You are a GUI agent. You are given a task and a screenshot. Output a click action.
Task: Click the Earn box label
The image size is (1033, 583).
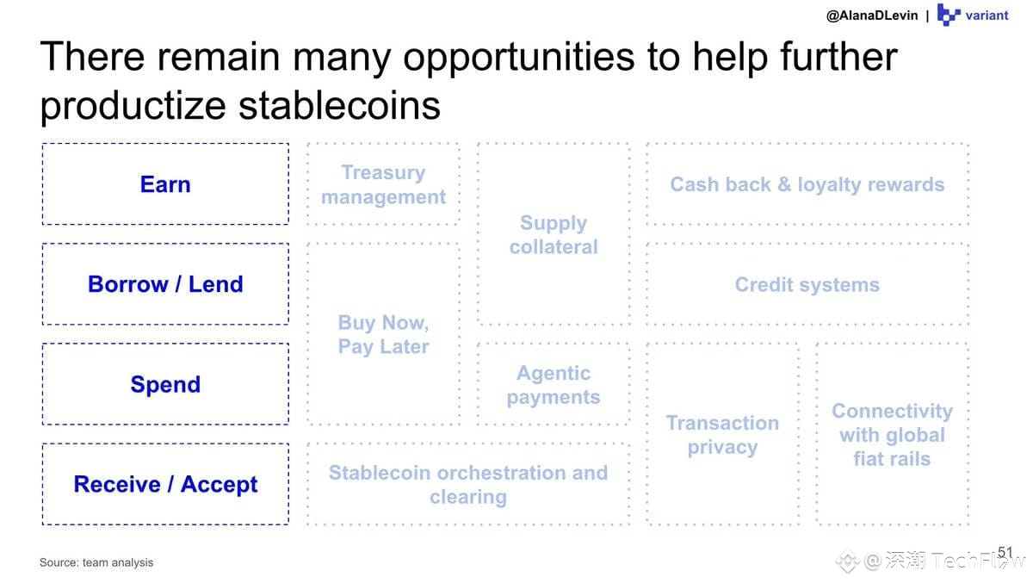point(165,184)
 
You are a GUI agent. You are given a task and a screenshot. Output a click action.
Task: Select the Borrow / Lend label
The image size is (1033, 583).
point(165,284)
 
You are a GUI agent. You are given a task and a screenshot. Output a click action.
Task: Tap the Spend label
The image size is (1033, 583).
point(165,385)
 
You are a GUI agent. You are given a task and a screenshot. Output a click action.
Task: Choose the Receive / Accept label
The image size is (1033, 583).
point(165,484)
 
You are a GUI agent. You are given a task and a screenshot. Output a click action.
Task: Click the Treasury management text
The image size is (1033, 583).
point(383,184)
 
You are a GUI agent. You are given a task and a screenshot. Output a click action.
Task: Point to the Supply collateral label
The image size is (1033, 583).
point(554,235)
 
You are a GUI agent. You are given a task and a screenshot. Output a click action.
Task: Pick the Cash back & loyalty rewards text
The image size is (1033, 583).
point(807,184)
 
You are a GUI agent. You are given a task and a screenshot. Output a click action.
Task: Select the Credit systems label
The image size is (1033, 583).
point(807,284)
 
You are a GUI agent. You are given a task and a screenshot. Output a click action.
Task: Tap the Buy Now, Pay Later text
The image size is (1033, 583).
point(383,334)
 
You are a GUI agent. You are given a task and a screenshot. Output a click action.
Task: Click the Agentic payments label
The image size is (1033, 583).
point(554,385)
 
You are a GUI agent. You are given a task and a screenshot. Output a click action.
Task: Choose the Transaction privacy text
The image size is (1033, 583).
point(722,435)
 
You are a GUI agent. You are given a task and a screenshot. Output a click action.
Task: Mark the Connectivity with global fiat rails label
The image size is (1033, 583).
point(893,435)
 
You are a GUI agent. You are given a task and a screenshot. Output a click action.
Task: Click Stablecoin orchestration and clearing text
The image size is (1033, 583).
point(468,485)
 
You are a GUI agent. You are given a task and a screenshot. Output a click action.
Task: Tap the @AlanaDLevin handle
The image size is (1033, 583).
point(872,16)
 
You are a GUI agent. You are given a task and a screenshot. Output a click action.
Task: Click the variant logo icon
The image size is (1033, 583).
point(949,15)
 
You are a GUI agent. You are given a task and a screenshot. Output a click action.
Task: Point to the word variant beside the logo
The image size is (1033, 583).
point(987,16)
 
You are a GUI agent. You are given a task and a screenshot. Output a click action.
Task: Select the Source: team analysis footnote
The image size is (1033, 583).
point(96,562)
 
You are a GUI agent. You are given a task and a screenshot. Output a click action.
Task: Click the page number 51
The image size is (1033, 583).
point(1005,552)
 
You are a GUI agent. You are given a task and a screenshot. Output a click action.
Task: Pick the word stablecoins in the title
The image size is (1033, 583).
point(339,105)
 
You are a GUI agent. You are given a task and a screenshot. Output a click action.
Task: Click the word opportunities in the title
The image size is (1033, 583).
point(519,58)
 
